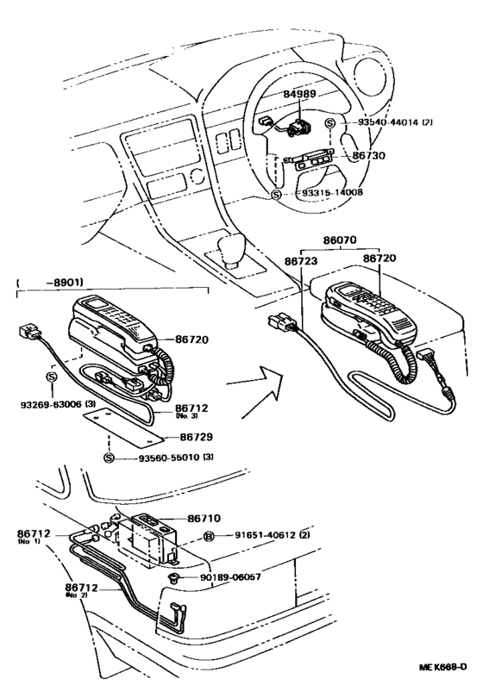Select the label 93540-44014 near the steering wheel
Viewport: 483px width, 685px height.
pos(392,122)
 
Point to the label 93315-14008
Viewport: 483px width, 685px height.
pos(332,195)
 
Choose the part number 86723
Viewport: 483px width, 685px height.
pos(302,258)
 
